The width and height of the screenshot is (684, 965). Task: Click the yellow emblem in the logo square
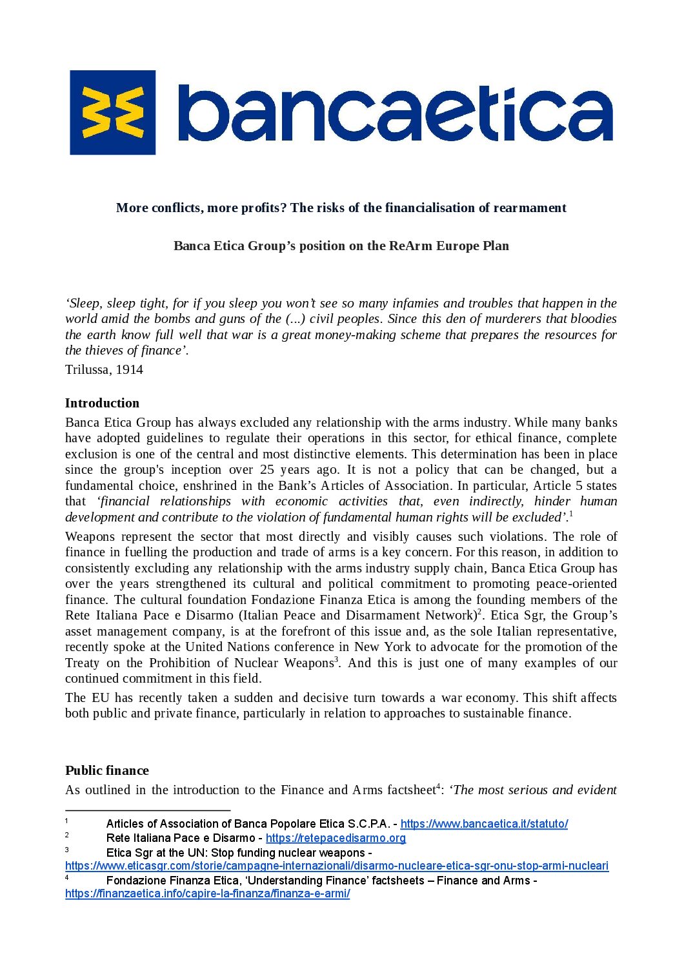113,112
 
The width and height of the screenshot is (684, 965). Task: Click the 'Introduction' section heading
102,403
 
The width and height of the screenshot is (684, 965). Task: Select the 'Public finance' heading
106,770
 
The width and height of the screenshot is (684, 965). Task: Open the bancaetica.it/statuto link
484,824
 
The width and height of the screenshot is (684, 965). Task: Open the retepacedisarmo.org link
336,838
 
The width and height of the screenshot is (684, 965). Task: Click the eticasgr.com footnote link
336,866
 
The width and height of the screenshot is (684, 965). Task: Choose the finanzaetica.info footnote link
207,893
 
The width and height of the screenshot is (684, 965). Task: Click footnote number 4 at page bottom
67,878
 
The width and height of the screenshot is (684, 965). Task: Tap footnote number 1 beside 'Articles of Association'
67,821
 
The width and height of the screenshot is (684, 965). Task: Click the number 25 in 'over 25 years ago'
267,470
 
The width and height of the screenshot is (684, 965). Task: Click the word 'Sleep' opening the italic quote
85,303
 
